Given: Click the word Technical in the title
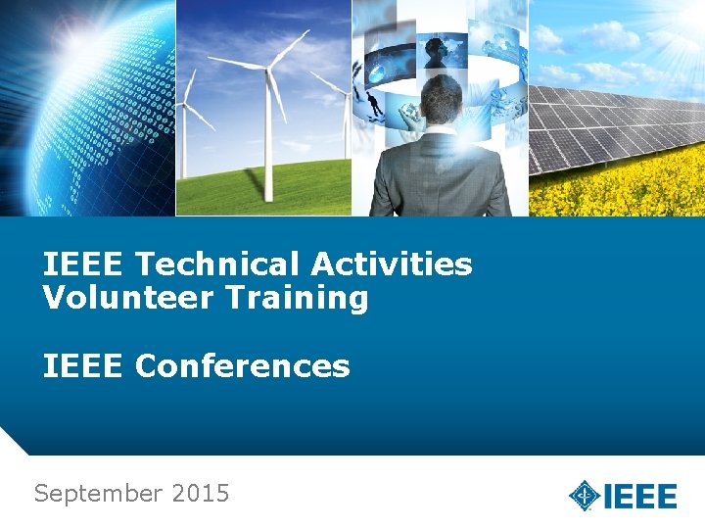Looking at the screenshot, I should [218, 264].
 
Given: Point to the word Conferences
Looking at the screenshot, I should [242, 366].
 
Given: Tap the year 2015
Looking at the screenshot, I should [200, 494].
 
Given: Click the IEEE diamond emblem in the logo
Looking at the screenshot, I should [585, 495].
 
